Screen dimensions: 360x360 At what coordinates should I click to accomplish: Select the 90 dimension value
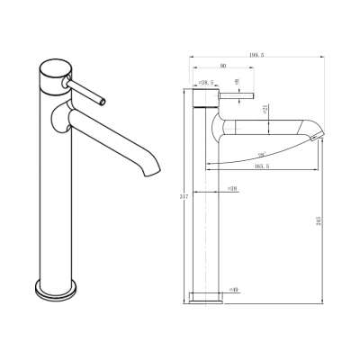point(223,65)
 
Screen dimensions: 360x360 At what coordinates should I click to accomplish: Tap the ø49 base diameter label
point(233,290)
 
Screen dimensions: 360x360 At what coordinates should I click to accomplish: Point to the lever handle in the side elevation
point(238,94)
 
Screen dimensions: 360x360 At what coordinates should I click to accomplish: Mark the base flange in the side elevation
point(206,294)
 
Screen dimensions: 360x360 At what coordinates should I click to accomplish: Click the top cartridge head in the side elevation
point(206,94)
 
